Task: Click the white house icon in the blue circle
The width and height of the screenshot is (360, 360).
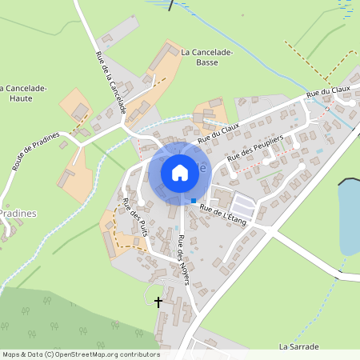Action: (180, 172)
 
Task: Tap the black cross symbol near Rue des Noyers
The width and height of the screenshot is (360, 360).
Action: (158, 302)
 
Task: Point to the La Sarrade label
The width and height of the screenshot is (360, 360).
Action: (298, 347)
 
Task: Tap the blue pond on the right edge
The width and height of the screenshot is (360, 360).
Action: (349, 216)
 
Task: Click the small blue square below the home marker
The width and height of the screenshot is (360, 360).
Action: (193, 201)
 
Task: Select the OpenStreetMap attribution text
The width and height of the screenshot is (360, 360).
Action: (80, 354)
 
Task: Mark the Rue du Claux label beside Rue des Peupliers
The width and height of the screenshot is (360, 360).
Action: (218, 130)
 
